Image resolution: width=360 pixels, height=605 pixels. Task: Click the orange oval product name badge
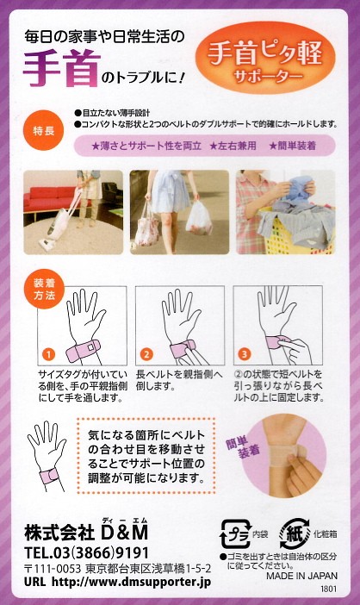tap(264, 58)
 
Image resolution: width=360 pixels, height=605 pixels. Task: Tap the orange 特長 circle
tap(43, 130)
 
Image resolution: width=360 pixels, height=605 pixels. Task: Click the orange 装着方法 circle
tap(44, 289)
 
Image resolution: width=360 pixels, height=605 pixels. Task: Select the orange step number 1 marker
tap(48, 353)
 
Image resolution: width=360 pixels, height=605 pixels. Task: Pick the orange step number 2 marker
tap(146, 353)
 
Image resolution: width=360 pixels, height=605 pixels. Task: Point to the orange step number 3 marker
tap(244, 353)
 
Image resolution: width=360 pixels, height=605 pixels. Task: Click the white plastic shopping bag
tap(199, 218)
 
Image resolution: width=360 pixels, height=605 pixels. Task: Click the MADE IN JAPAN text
tap(301, 576)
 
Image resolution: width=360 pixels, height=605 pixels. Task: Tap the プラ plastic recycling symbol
tap(235, 534)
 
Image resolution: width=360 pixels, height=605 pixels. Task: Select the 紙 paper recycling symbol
tap(295, 533)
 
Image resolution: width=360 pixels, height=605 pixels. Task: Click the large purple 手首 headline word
tap(62, 69)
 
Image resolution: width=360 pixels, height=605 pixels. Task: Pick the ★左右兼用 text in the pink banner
tap(233, 146)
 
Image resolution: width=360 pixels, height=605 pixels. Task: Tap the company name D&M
tap(124, 533)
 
